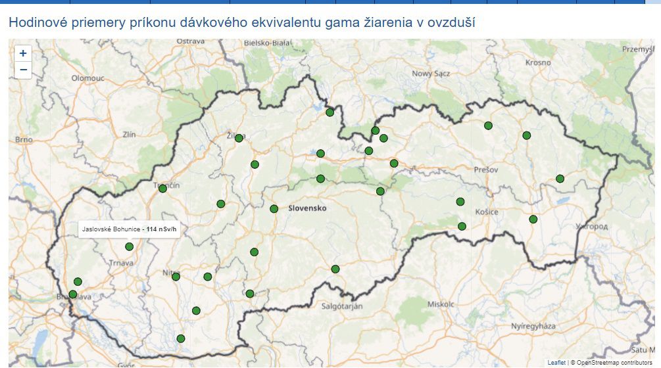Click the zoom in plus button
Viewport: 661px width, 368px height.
(x=23, y=53)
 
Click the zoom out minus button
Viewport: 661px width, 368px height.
(x=23, y=70)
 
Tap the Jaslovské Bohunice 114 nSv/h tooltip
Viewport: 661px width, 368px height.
(x=130, y=229)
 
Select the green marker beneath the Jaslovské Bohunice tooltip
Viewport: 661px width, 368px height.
(x=130, y=247)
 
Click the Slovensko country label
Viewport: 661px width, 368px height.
(x=307, y=208)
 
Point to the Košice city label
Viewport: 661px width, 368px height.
(x=487, y=212)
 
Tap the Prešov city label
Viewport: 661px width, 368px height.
(x=485, y=170)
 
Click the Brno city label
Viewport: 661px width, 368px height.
(x=24, y=140)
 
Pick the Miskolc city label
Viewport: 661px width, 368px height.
(x=441, y=305)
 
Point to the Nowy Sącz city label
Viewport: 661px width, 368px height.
(x=431, y=74)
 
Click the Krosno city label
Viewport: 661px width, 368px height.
(x=538, y=62)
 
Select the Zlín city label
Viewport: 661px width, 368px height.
(x=129, y=135)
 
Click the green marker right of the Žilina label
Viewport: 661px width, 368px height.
(x=239, y=138)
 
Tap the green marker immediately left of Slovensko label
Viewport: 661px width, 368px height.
(x=274, y=209)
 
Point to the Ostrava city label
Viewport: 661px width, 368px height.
(x=191, y=41)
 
